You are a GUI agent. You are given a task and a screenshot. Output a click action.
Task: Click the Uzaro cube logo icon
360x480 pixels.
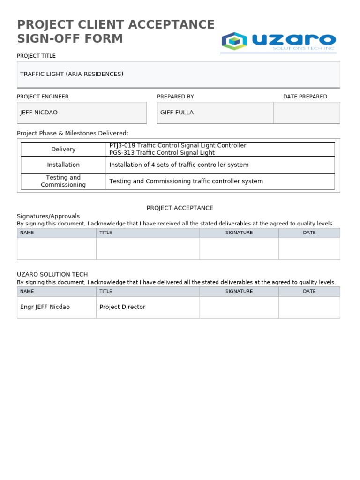234,41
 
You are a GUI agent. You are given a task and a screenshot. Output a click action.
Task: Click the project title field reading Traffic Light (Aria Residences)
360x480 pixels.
178,74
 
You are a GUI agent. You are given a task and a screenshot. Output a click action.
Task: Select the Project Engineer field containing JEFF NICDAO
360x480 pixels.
82,112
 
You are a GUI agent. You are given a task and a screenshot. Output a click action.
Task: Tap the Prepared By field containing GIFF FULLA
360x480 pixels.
215,112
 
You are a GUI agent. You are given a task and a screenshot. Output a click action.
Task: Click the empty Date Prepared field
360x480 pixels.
307,112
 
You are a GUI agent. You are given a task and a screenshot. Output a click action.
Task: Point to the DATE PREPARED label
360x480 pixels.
305,97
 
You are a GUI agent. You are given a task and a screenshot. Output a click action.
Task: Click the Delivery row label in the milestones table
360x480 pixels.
63,149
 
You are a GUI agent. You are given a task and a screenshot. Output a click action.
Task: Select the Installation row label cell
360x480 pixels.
63,165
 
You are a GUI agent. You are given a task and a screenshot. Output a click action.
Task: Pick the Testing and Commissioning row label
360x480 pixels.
63,181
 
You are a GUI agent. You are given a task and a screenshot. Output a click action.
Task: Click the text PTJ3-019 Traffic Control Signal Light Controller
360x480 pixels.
178,145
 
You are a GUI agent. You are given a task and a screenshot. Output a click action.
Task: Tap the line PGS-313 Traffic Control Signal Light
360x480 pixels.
162,153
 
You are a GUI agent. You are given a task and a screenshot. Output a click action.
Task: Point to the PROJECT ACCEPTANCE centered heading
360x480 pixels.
180,208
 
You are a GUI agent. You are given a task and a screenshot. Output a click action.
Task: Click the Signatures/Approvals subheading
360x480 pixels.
48,216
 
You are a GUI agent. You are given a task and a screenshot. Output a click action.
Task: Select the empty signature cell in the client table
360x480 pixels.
239,248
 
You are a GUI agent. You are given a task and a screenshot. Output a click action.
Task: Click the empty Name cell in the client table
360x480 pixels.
57,248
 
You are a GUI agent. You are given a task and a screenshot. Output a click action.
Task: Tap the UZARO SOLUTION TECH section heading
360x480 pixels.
52,274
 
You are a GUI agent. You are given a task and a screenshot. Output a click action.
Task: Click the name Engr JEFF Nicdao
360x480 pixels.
45,307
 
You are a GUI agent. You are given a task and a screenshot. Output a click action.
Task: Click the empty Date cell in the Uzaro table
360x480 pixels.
309,307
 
